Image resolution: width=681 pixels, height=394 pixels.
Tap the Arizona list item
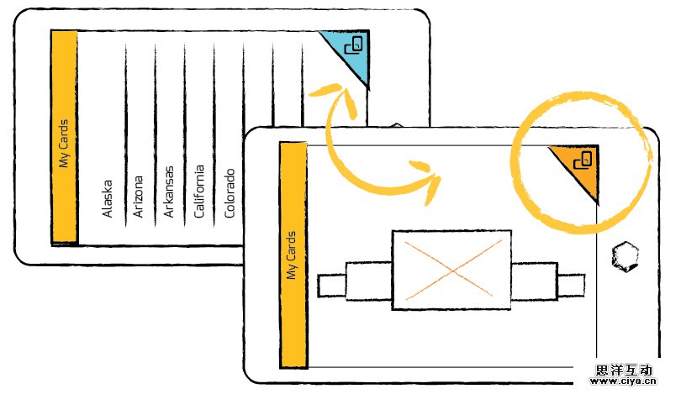138,197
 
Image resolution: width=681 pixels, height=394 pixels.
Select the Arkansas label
168,192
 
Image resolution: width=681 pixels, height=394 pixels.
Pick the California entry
199,191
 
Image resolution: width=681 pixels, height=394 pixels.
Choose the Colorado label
230,194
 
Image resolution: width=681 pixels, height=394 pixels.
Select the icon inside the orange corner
583,159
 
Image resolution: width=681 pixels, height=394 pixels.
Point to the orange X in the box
452,269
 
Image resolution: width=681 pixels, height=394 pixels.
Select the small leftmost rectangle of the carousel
331,284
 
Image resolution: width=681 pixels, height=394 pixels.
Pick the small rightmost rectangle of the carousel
571,284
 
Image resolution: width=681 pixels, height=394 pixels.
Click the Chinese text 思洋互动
623,369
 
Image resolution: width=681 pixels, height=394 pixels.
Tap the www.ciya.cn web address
623,383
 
